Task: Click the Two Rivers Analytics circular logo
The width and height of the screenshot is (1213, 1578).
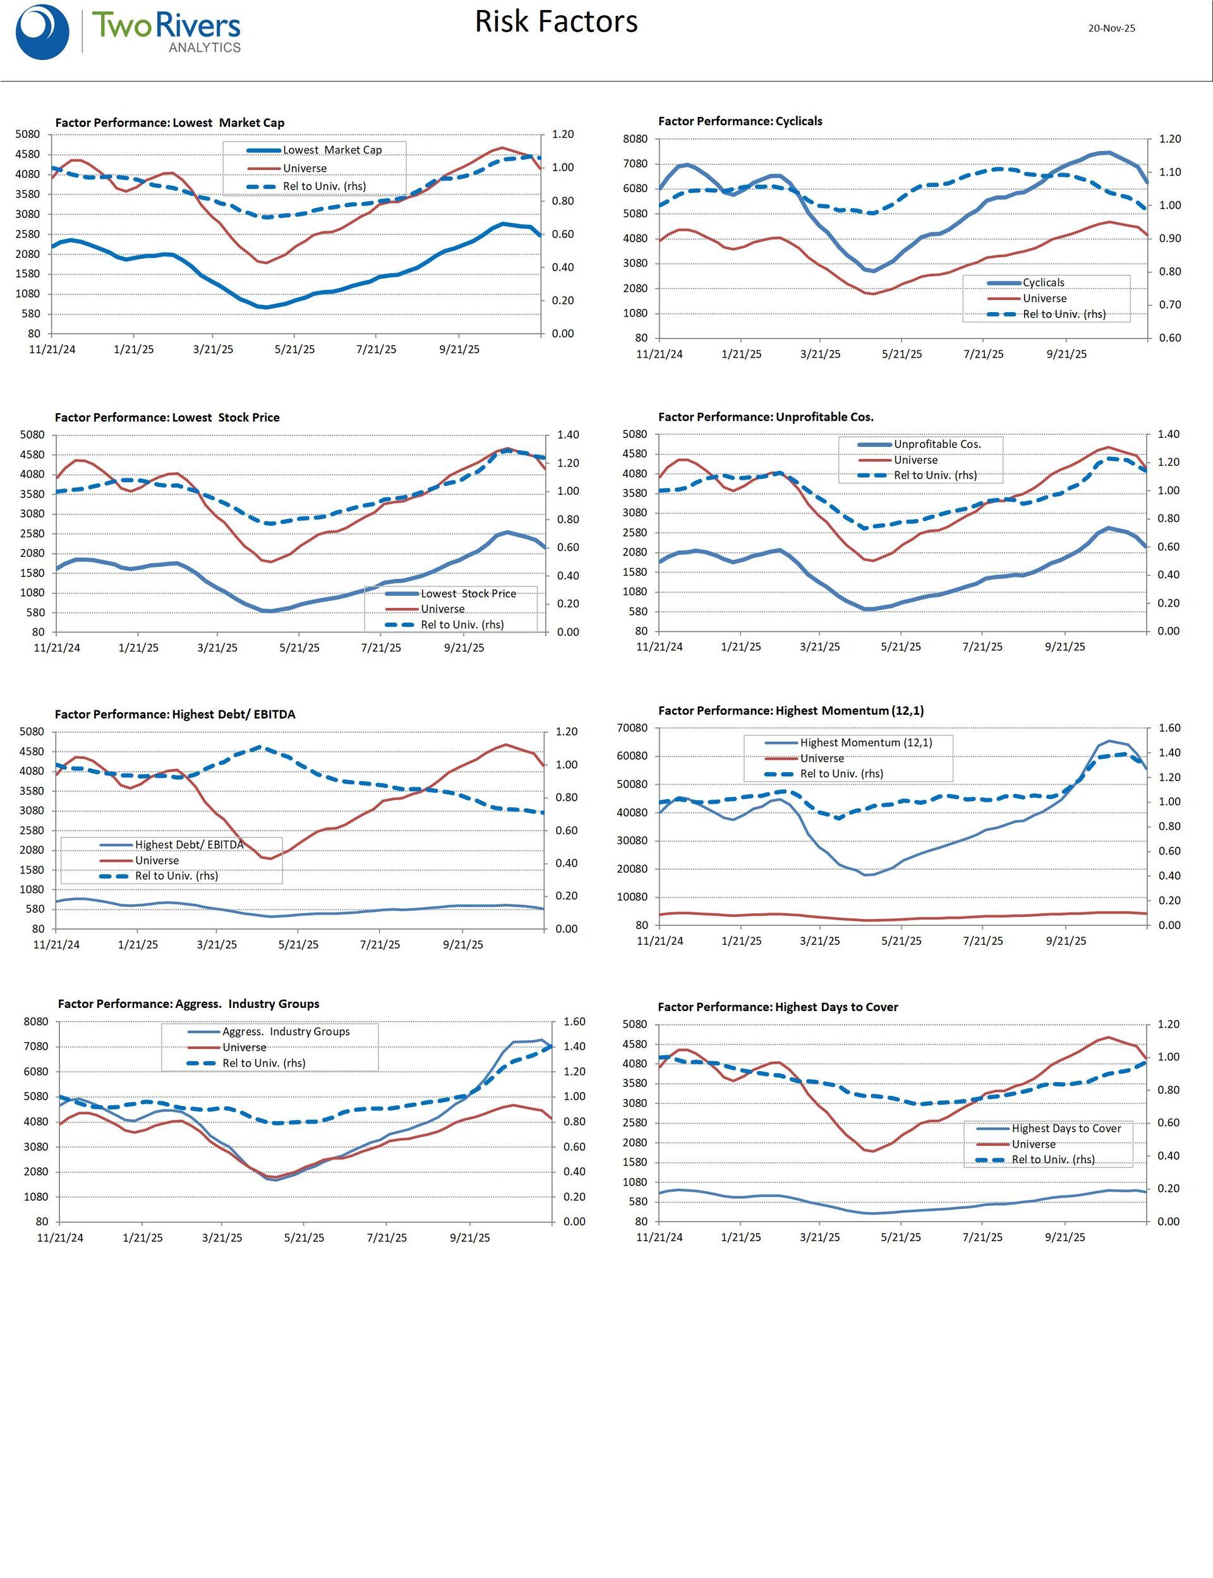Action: [x=42, y=32]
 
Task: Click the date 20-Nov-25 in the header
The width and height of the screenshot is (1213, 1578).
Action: [x=1111, y=28]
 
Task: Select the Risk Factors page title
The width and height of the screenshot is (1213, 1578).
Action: [x=556, y=21]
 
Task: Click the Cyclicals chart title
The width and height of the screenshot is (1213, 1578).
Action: [x=739, y=121]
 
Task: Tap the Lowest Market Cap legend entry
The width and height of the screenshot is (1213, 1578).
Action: [x=332, y=150]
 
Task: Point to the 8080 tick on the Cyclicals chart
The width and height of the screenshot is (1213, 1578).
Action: [x=636, y=140]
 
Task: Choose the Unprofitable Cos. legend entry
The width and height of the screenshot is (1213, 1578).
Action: [x=937, y=444]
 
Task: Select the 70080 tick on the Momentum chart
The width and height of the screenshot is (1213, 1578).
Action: [x=632, y=728]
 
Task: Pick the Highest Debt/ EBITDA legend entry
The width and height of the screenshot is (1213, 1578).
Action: [x=189, y=844]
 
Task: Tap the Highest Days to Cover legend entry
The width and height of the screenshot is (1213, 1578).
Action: [x=1066, y=1128]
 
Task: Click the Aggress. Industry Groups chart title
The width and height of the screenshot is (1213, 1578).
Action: [x=188, y=1004]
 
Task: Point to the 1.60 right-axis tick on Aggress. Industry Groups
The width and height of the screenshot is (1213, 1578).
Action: [x=574, y=1022]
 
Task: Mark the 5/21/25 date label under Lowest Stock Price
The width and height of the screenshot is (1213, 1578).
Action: [x=299, y=648]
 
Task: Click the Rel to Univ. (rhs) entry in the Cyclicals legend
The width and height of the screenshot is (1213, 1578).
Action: [x=1063, y=314]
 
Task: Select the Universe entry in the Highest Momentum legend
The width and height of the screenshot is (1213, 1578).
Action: [x=822, y=758]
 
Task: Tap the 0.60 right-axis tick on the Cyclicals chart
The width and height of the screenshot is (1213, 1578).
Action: [x=1169, y=338]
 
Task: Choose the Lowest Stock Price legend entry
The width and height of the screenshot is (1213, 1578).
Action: [x=468, y=593]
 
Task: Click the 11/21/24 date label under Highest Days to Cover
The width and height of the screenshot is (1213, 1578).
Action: [x=658, y=1237]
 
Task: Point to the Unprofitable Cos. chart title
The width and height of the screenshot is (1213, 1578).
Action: [x=765, y=418]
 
